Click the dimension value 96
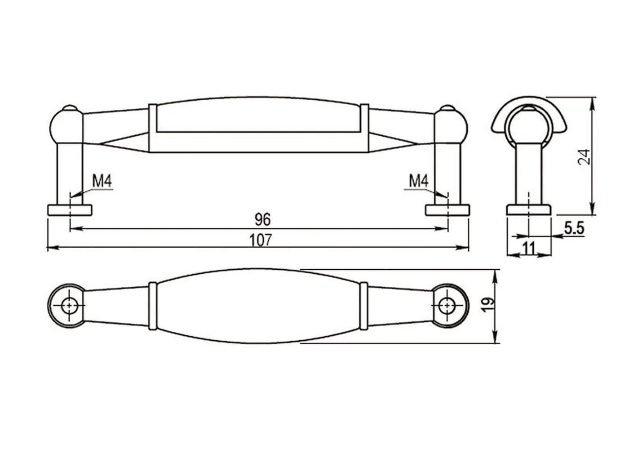tap(262, 219)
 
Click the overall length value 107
tap(260, 240)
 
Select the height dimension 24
tap(584, 157)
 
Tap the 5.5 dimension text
tap(574, 228)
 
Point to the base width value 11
tap(529, 249)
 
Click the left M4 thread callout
tap(102, 181)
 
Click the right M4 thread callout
tap(418, 181)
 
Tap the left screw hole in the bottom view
tap(69, 306)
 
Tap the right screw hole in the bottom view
tap(447, 306)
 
